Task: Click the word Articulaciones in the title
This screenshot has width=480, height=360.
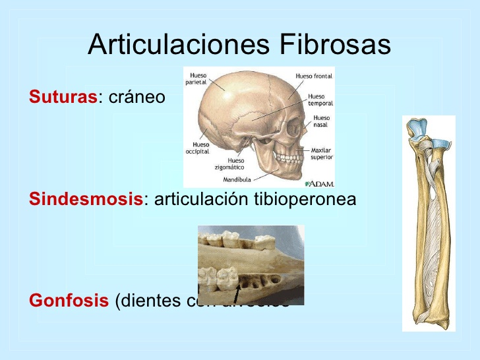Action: pyautogui.click(x=179, y=45)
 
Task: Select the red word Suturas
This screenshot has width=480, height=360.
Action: pyautogui.click(x=63, y=98)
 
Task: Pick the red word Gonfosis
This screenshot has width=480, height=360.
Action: pyautogui.click(x=69, y=301)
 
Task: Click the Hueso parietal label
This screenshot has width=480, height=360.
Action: pyautogui.click(x=198, y=78)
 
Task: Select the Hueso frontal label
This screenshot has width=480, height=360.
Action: pyautogui.click(x=314, y=76)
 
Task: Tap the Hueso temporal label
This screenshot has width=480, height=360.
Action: pyautogui.click(x=320, y=100)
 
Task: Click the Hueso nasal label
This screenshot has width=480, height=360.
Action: pyautogui.click(x=322, y=121)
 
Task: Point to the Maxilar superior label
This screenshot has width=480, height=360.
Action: pyautogui.click(x=322, y=154)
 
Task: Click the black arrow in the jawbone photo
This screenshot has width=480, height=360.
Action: pyautogui.click(x=236, y=293)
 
